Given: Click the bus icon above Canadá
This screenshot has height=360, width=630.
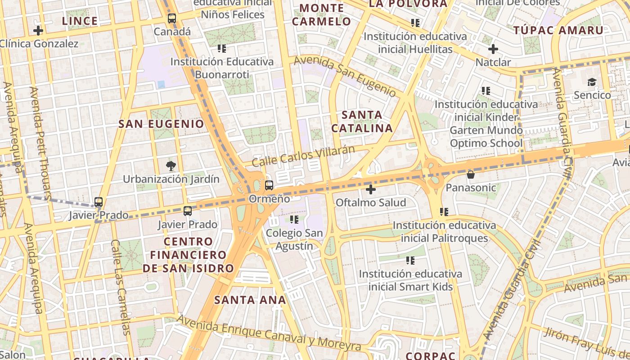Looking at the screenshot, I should [x=172, y=18].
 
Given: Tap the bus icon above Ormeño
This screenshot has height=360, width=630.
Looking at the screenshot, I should [x=269, y=185].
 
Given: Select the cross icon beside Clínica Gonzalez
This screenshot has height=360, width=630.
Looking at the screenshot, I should [x=38, y=31].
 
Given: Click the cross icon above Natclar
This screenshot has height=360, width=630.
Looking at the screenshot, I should [x=493, y=49].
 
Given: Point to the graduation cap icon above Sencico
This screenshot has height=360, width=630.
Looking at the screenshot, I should [x=592, y=82].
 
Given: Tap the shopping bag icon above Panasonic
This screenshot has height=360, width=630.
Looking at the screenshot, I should [x=471, y=174].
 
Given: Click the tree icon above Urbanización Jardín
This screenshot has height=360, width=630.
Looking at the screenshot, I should [x=171, y=166].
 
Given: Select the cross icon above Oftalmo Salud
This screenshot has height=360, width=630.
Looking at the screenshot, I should [x=371, y=189].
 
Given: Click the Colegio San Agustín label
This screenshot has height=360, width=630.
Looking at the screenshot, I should [x=294, y=239].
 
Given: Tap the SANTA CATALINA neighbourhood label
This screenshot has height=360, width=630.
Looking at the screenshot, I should [x=362, y=121].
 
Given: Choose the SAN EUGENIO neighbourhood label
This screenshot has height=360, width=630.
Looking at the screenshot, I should [x=161, y=124].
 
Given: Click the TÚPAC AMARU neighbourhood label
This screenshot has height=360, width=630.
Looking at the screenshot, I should [x=558, y=31].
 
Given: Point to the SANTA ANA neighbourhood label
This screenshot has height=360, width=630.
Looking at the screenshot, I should [x=250, y=300].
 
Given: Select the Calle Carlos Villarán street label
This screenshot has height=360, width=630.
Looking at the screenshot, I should [x=303, y=156].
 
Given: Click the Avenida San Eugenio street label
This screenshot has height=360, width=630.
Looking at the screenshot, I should [x=345, y=76].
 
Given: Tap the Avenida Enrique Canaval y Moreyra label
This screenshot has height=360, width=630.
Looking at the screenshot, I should [x=269, y=333].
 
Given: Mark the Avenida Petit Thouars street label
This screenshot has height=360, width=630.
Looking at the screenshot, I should [x=41, y=143].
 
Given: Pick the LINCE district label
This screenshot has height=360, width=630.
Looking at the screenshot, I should [x=80, y=21].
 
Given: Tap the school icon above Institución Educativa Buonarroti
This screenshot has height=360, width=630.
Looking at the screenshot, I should [x=221, y=48].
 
